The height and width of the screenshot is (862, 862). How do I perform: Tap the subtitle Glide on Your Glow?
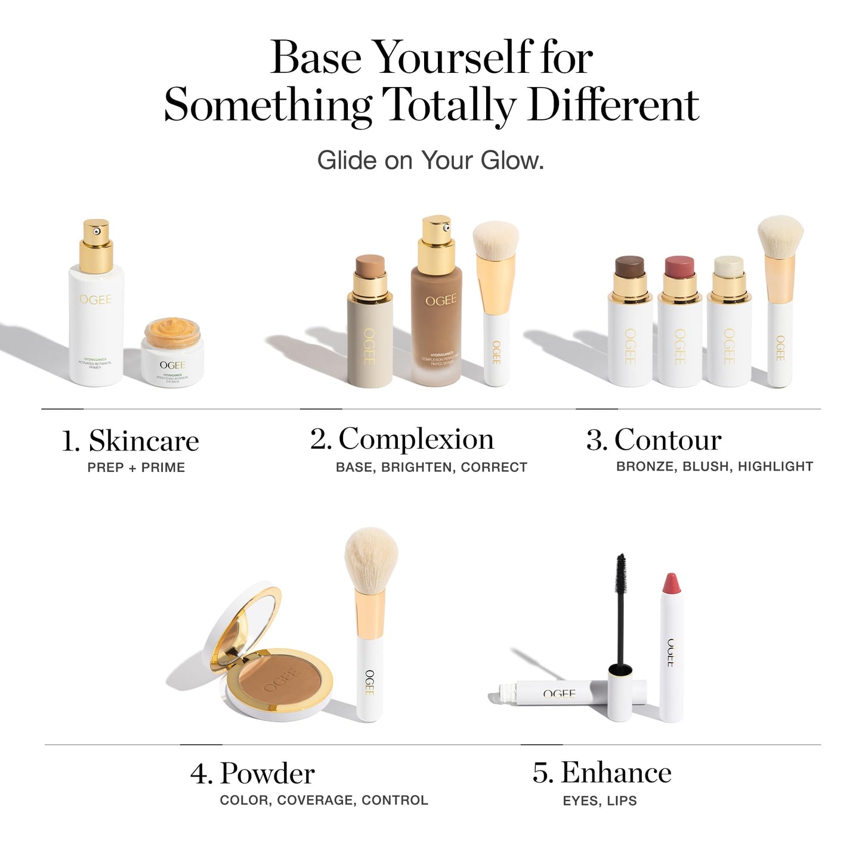click(x=430, y=160)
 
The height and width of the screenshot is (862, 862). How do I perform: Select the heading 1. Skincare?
click(x=130, y=441)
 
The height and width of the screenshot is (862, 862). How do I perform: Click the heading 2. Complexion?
click(x=402, y=440)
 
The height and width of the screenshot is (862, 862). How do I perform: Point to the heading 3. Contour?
click(x=654, y=440)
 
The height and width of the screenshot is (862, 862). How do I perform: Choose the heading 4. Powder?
click(x=252, y=774)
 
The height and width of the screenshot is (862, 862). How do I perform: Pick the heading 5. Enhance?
click(x=602, y=773)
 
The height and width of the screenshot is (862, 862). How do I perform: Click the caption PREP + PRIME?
click(x=136, y=468)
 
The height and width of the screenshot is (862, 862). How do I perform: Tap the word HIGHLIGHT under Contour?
click(x=776, y=466)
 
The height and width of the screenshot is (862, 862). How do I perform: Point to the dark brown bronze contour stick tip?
click(x=629, y=265)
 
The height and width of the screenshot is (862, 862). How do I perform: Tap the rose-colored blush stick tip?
click(x=679, y=265)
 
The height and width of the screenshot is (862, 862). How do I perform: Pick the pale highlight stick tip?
click(x=728, y=265)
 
